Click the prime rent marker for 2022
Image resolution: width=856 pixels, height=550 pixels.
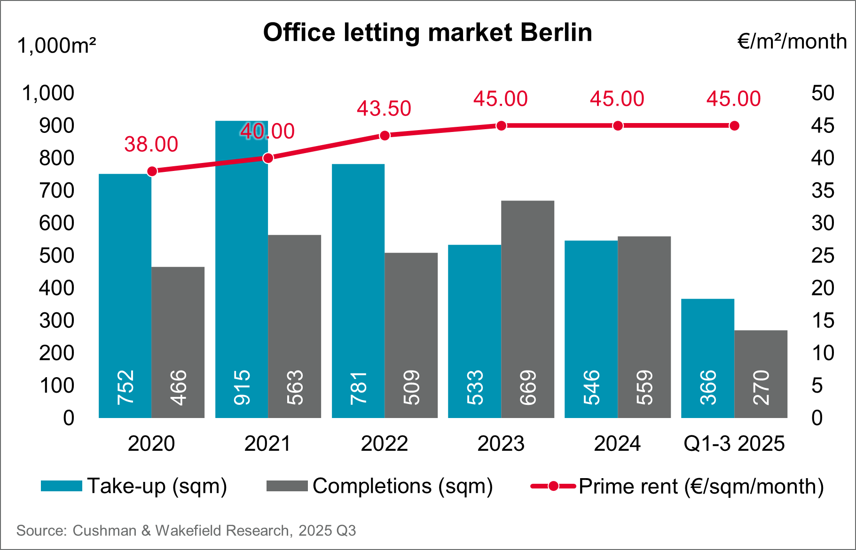pyautogui.click(x=385, y=136)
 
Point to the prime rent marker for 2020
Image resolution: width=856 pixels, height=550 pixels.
pyautogui.click(x=152, y=171)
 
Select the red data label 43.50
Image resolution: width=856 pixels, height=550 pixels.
pyautogui.click(x=384, y=109)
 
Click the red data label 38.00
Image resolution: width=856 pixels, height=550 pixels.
pyautogui.click(x=151, y=145)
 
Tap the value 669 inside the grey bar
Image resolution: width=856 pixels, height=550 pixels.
pyautogui.click(x=528, y=387)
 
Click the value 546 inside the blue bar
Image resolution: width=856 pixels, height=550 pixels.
pyautogui.click(x=591, y=387)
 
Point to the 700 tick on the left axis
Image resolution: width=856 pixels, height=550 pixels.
pyautogui.click(x=56, y=191)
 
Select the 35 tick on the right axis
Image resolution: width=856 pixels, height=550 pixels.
pyautogui.click(x=822, y=191)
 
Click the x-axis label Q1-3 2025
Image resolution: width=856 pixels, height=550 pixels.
pyautogui.click(x=734, y=444)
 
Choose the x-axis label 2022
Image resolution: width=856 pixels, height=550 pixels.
pyautogui.click(x=384, y=444)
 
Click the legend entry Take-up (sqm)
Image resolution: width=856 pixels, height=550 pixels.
pyautogui.click(x=157, y=486)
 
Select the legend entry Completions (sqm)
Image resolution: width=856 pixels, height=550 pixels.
pyautogui.click(x=402, y=486)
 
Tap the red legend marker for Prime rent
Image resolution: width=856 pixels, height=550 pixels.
pyautogui.click(x=553, y=487)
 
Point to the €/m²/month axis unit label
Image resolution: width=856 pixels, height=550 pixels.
pyautogui.click(x=792, y=42)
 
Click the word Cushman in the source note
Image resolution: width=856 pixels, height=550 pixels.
pyautogui.click(x=104, y=531)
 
